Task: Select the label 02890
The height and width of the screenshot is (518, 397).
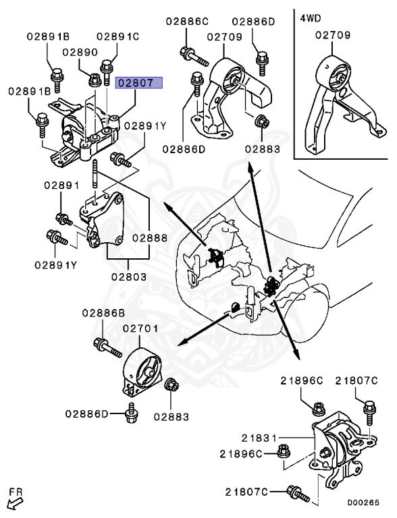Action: click(80, 51)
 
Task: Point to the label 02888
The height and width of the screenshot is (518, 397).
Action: click(149, 237)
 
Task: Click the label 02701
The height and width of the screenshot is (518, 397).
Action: click(140, 328)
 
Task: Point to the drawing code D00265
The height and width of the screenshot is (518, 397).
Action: click(364, 502)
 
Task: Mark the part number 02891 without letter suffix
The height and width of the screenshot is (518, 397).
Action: click(62, 185)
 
